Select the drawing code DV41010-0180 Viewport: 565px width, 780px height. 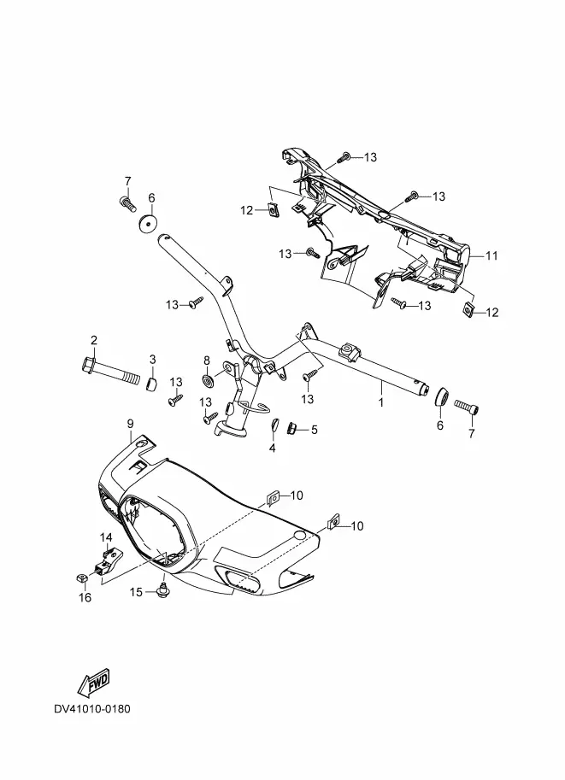(x=92, y=709)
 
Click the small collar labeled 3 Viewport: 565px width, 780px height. (x=152, y=384)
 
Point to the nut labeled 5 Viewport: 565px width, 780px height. (x=291, y=428)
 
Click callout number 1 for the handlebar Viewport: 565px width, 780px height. (x=381, y=402)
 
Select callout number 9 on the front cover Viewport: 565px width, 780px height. (x=131, y=424)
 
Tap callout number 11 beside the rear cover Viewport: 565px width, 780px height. (x=491, y=255)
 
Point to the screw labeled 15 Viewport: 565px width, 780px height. (x=162, y=590)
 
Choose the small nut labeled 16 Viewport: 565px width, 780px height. (x=82, y=578)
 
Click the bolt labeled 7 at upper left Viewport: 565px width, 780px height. (x=128, y=203)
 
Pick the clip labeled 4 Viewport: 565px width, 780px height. (x=274, y=425)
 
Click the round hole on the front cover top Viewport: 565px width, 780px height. (x=300, y=536)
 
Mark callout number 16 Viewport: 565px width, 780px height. (x=85, y=597)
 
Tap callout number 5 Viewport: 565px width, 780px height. (x=314, y=429)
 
